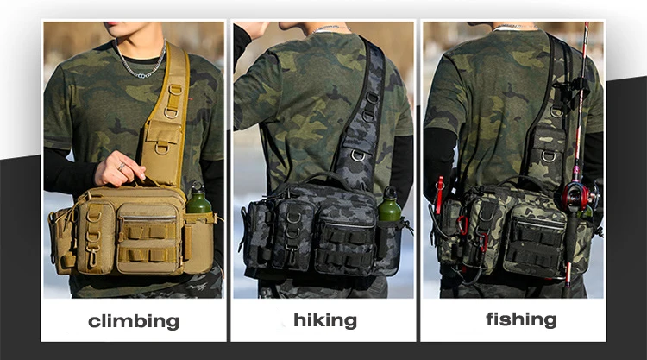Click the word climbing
click(x=134, y=322)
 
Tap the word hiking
click(x=325, y=320)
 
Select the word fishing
click(x=521, y=319)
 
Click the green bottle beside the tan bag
click(x=198, y=199)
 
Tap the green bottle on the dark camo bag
click(x=389, y=205)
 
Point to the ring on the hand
click(x=121, y=167)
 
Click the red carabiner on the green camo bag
click(x=463, y=225)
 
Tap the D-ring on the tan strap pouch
click(x=162, y=148)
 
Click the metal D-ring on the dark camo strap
click(x=358, y=155)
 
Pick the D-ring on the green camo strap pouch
click(x=549, y=156)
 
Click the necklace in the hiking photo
click(x=330, y=28)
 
